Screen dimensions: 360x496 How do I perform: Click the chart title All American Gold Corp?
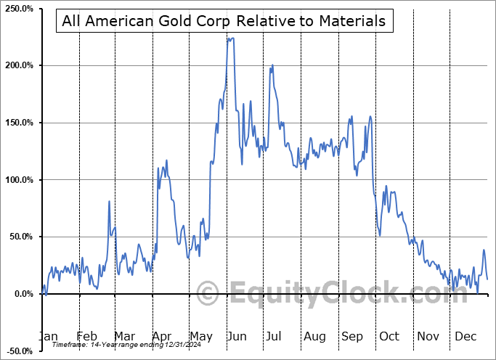(224, 20)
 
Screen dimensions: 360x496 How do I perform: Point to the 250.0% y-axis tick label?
(18, 9)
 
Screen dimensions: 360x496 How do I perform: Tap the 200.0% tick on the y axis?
(18, 65)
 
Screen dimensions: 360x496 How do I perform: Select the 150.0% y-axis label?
(18, 123)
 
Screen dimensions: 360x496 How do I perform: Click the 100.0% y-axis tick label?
(18, 179)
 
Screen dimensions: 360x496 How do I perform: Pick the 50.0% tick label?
(20, 237)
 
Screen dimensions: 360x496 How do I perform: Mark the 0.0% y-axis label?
(22, 293)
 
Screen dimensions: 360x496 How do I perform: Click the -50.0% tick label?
(18, 351)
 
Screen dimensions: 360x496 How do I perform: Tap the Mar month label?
(123, 337)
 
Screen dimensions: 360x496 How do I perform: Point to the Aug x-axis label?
(315, 337)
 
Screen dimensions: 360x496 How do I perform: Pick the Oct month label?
(390, 337)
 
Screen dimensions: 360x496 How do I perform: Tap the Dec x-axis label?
(466, 337)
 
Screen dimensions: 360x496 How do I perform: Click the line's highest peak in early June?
(230, 38)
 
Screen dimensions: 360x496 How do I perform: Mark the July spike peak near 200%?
(272, 65)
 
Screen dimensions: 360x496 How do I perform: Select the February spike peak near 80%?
(110, 201)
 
